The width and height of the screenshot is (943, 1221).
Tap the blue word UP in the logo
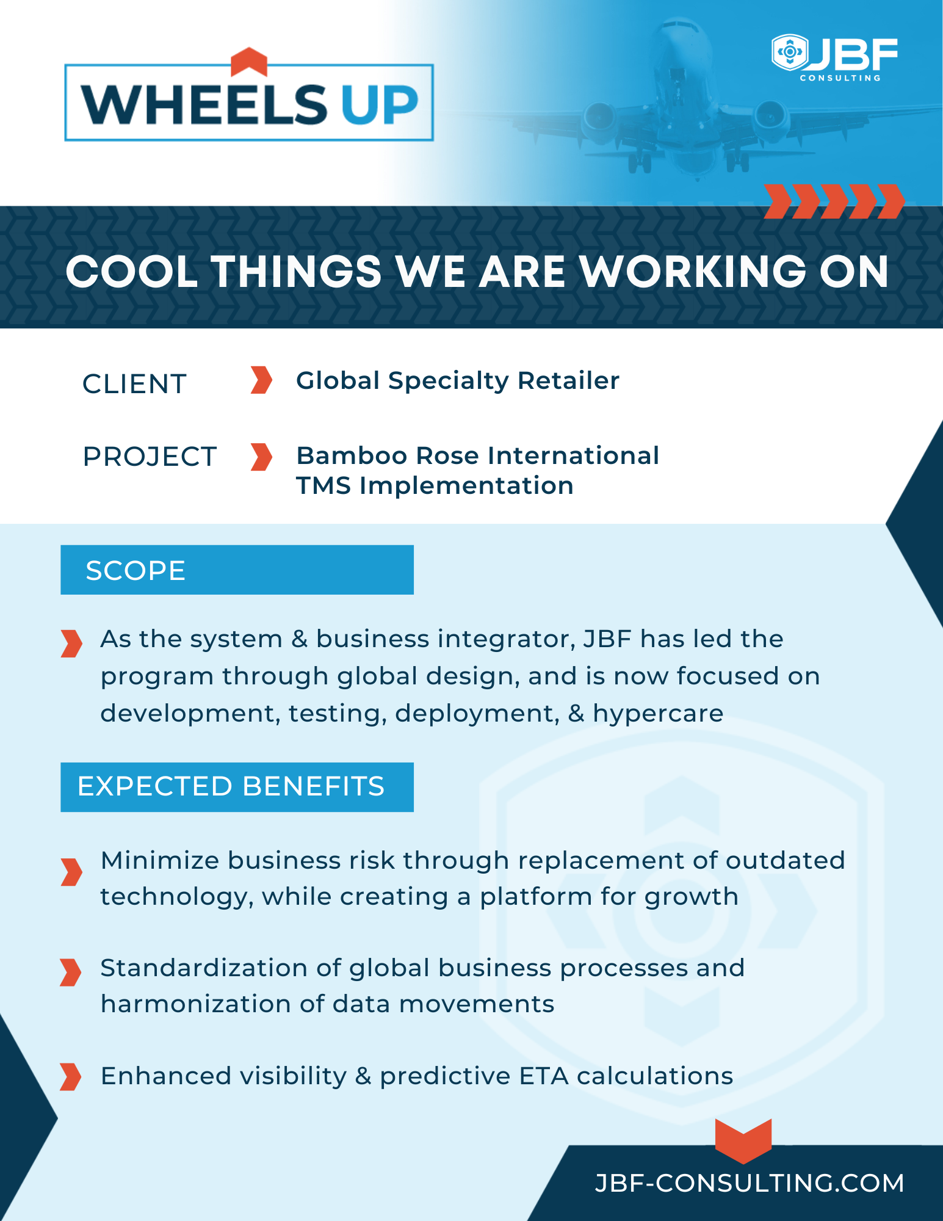pyautogui.click(x=379, y=105)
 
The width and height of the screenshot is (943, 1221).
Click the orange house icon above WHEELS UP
pyautogui.click(x=249, y=61)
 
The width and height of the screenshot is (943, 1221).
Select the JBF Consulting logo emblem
pyautogui.click(x=789, y=53)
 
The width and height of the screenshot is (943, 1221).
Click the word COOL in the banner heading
pyautogui.click(x=132, y=272)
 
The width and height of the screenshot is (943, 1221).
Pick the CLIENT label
pyautogui.click(x=134, y=384)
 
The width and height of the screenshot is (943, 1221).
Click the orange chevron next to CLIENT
pyautogui.click(x=261, y=380)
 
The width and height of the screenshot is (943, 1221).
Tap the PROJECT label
pyautogui.click(x=150, y=457)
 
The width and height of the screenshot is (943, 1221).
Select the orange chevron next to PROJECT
pyautogui.click(x=261, y=457)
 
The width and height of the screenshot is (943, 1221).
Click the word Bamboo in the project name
pyautogui.click(x=351, y=455)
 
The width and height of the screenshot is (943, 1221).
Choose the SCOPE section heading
pyautogui.click(x=135, y=570)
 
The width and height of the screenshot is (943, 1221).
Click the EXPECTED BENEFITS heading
pyautogui.click(x=231, y=786)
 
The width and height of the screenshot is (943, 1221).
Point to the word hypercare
pyautogui.click(x=658, y=713)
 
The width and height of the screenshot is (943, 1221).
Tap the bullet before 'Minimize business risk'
pyautogui.click(x=71, y=872)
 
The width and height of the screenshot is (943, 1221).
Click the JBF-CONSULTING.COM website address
pyautogui.click(x=749, y=1183)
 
